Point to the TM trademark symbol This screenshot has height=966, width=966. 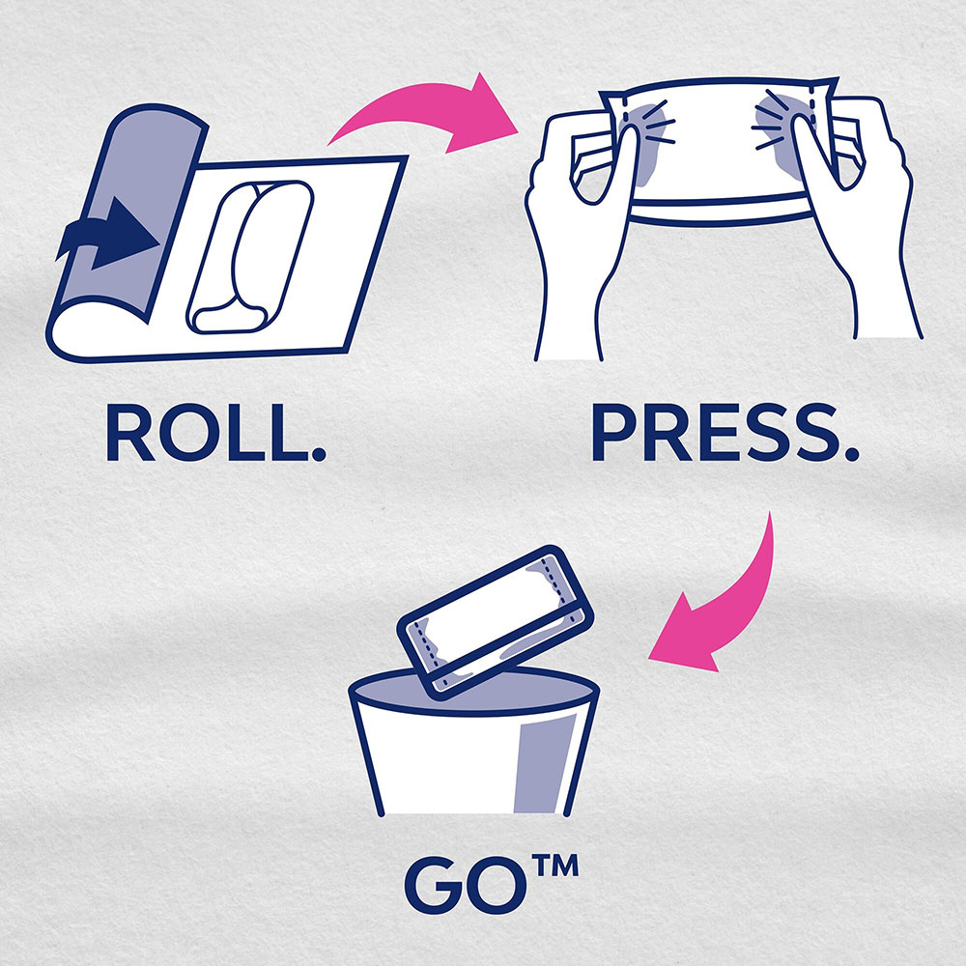556,865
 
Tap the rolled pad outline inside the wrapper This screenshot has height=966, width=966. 249,258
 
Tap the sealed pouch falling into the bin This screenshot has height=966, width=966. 496,623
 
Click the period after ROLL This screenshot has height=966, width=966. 319,454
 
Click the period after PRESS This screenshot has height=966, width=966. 851,454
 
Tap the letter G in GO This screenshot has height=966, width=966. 433,885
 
